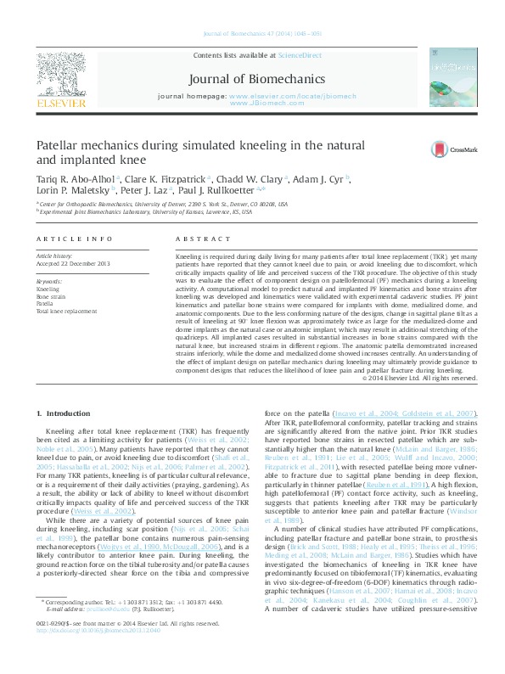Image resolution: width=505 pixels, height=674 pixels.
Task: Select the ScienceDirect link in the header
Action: coord(300,54)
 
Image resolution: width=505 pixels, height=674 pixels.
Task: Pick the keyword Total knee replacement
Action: coord(65,312)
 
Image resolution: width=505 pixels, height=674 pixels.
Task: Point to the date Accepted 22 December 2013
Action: coord(73,263)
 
